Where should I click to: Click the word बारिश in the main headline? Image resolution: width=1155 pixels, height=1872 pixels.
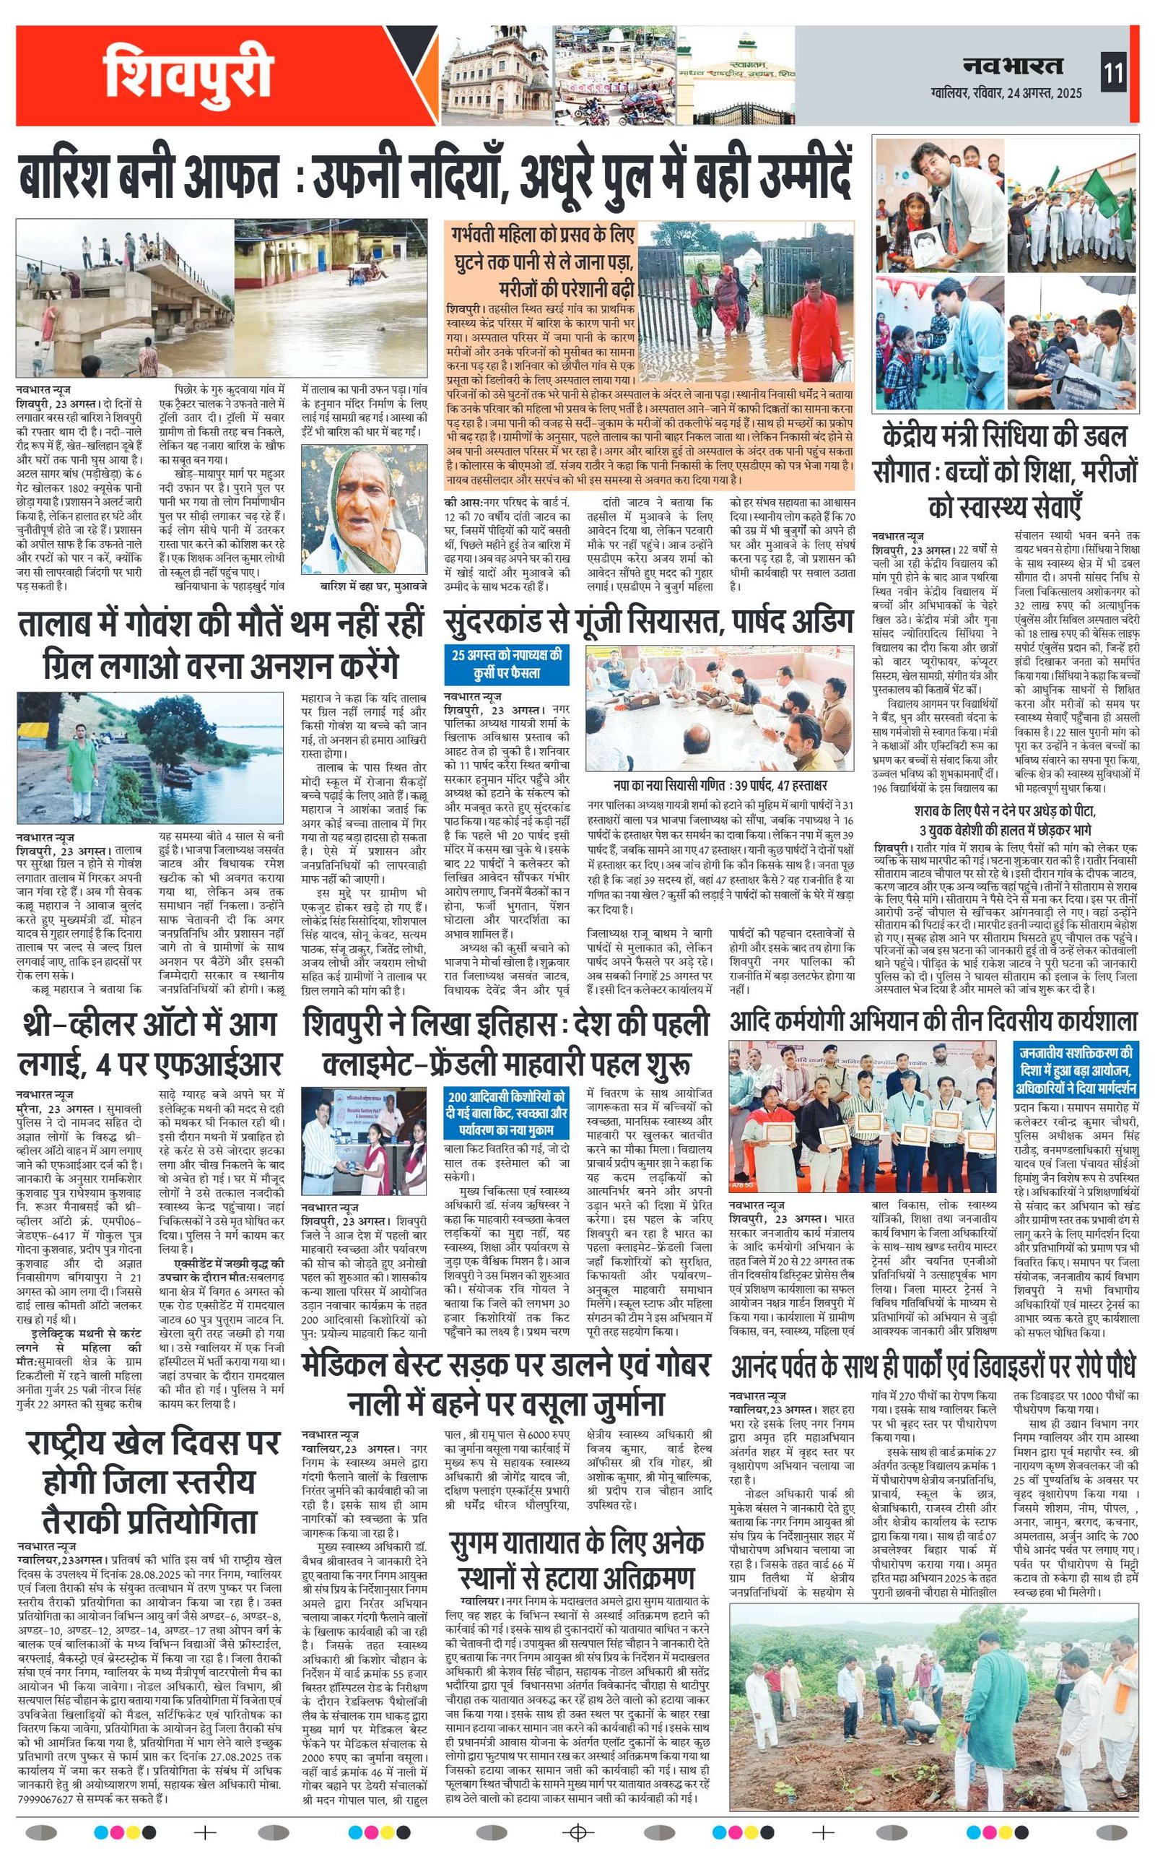pyautogui.click(x=83, y=177)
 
